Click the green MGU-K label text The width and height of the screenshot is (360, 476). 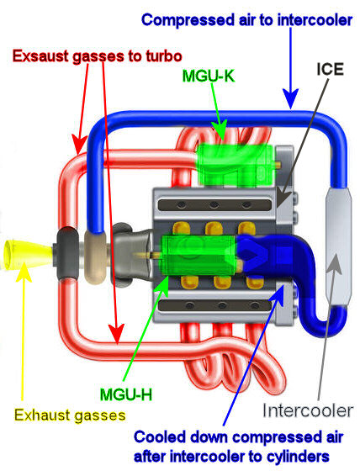[209, 76]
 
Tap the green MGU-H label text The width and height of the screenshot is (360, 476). [126, 394]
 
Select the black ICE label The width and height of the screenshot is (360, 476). [330, 69]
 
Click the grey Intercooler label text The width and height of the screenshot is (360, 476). [308, 410]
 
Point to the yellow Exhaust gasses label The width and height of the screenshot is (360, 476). [70, 415]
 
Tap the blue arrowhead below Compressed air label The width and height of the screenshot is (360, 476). [291, 98]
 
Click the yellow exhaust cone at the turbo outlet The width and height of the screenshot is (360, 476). [27, 254]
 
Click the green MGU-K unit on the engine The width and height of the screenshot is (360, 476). [236, 165]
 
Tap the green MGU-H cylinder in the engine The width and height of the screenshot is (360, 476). [199, 255]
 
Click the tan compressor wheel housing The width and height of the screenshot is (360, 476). [95, 257]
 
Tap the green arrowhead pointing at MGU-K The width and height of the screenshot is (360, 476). [220, 129]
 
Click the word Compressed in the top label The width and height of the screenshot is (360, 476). [188, 20]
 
